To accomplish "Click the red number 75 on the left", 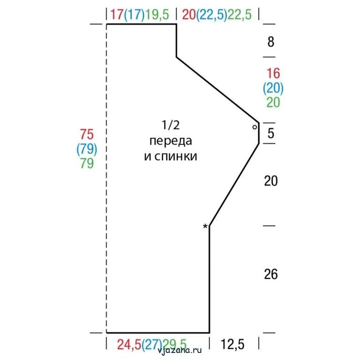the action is [87, 134].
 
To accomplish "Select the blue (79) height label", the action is [87, 149].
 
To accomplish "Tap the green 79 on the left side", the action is [87, 163].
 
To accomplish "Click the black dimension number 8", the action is [271, 42].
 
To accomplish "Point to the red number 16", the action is [273, 73].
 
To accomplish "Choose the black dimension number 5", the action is [271, 133].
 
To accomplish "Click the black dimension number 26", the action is [271, 274].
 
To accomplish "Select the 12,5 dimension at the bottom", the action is [232, 344].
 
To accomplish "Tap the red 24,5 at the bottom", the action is [129, 344].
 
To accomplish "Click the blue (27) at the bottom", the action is [152, 344].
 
